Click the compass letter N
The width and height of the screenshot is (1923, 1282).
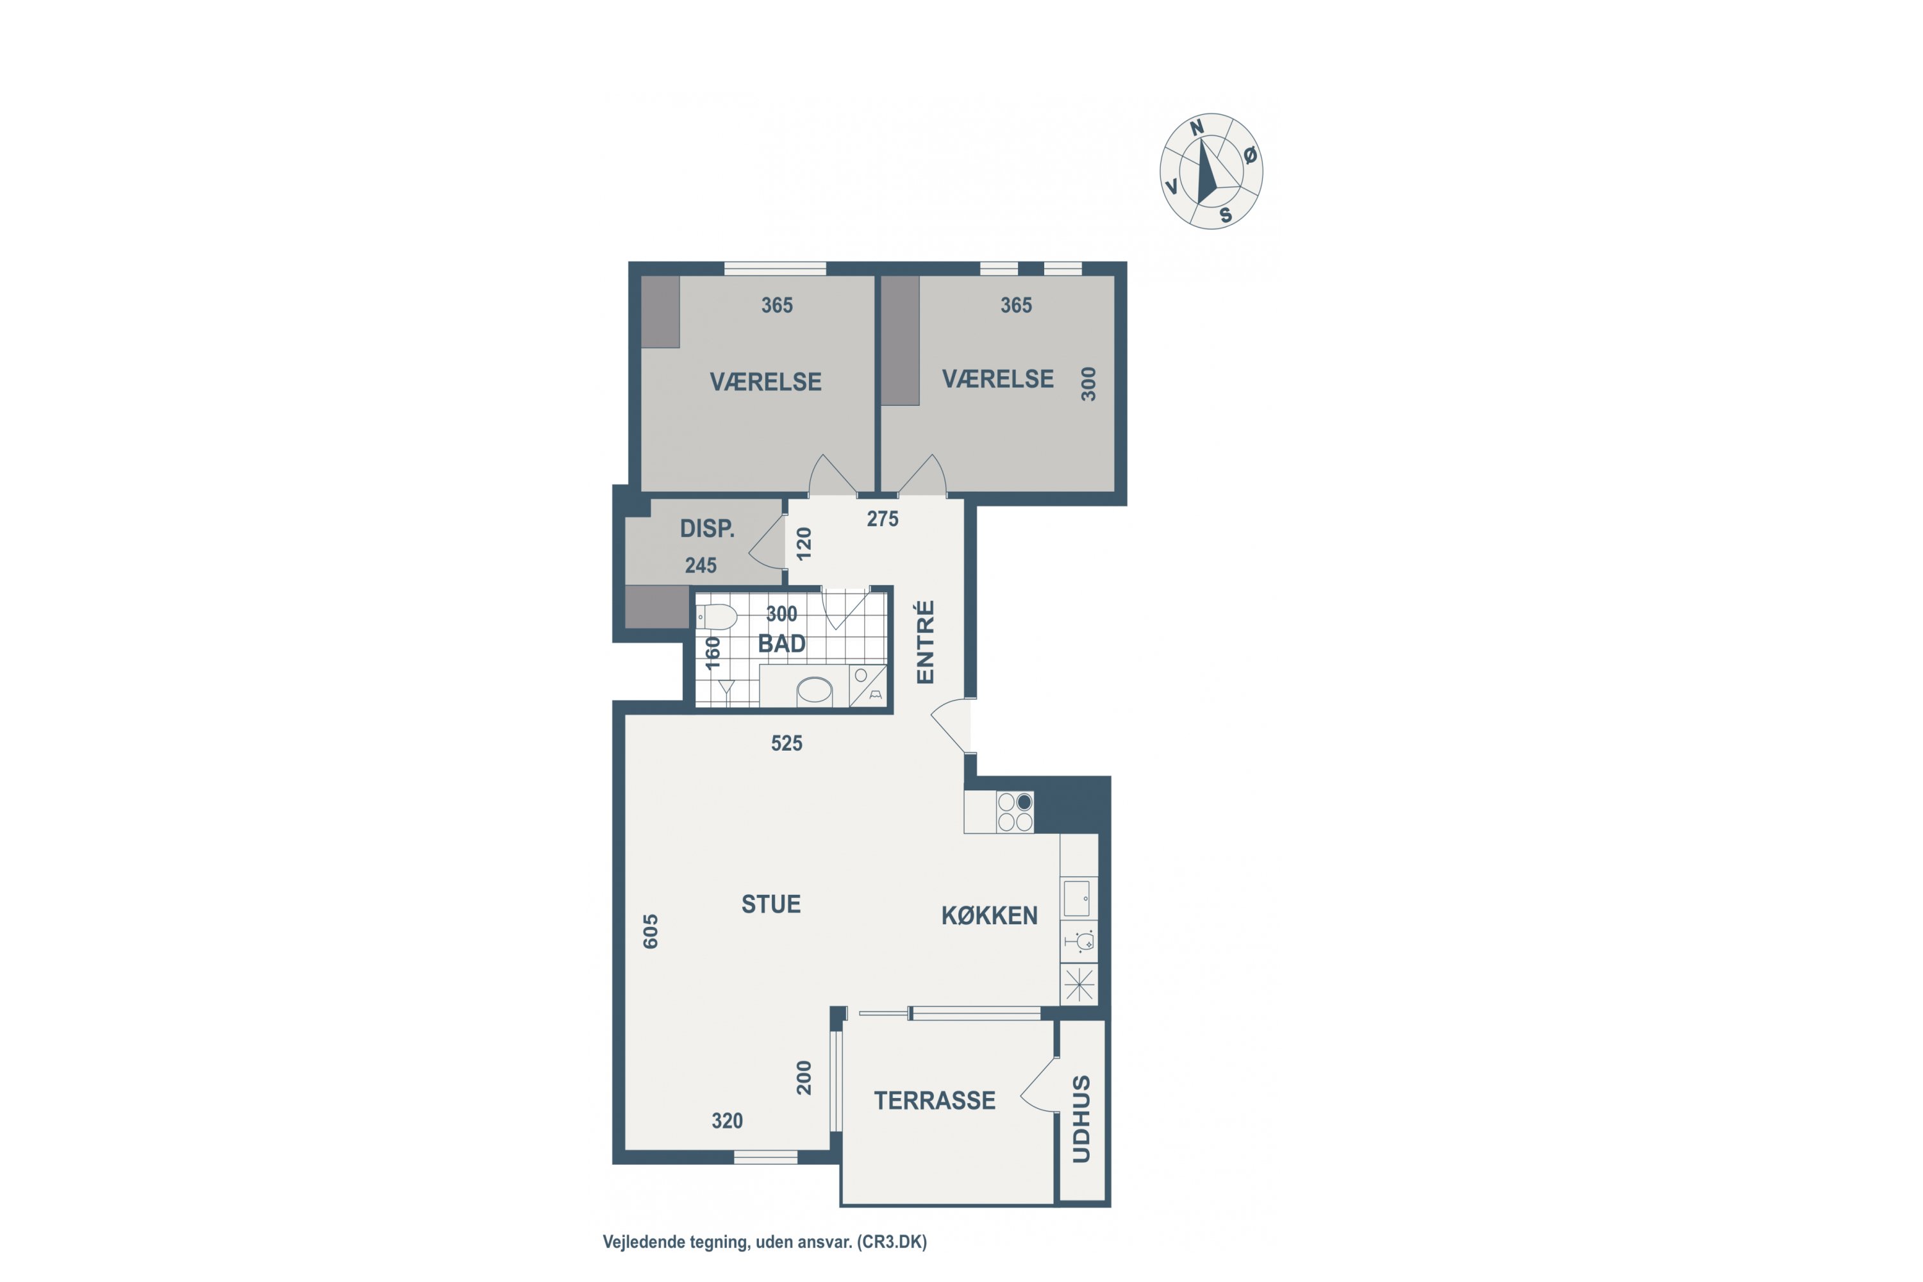click(x=1196, y=128)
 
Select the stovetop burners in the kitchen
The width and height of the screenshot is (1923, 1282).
click(x=1015, y=812)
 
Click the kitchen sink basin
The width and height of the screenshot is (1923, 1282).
click(x=1076, y=898)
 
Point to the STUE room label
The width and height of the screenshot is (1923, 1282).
click(x=771, y=904)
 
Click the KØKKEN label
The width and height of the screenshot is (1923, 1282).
click(x=989, y=916)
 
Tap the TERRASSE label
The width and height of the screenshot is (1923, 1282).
click(x=935, y=1101)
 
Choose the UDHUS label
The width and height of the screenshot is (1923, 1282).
click(x=1081, y=1119)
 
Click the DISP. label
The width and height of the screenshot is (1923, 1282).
click(x=707, y=529)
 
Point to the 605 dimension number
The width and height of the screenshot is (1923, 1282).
click(x=650, y=931)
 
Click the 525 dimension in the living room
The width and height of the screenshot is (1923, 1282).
click(x=787, y=743)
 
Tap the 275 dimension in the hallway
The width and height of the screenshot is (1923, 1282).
click(x=882, y=519)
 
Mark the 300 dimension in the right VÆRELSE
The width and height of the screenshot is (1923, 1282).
click(x=1088, y=384)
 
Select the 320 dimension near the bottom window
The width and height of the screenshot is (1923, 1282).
click(x=727, y=1121)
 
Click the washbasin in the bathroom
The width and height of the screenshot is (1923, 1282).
click(x=814, y=691)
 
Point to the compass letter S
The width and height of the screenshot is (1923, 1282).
click(x=1226, y=215)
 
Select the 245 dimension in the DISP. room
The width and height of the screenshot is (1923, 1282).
click(x=701, y=566)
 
